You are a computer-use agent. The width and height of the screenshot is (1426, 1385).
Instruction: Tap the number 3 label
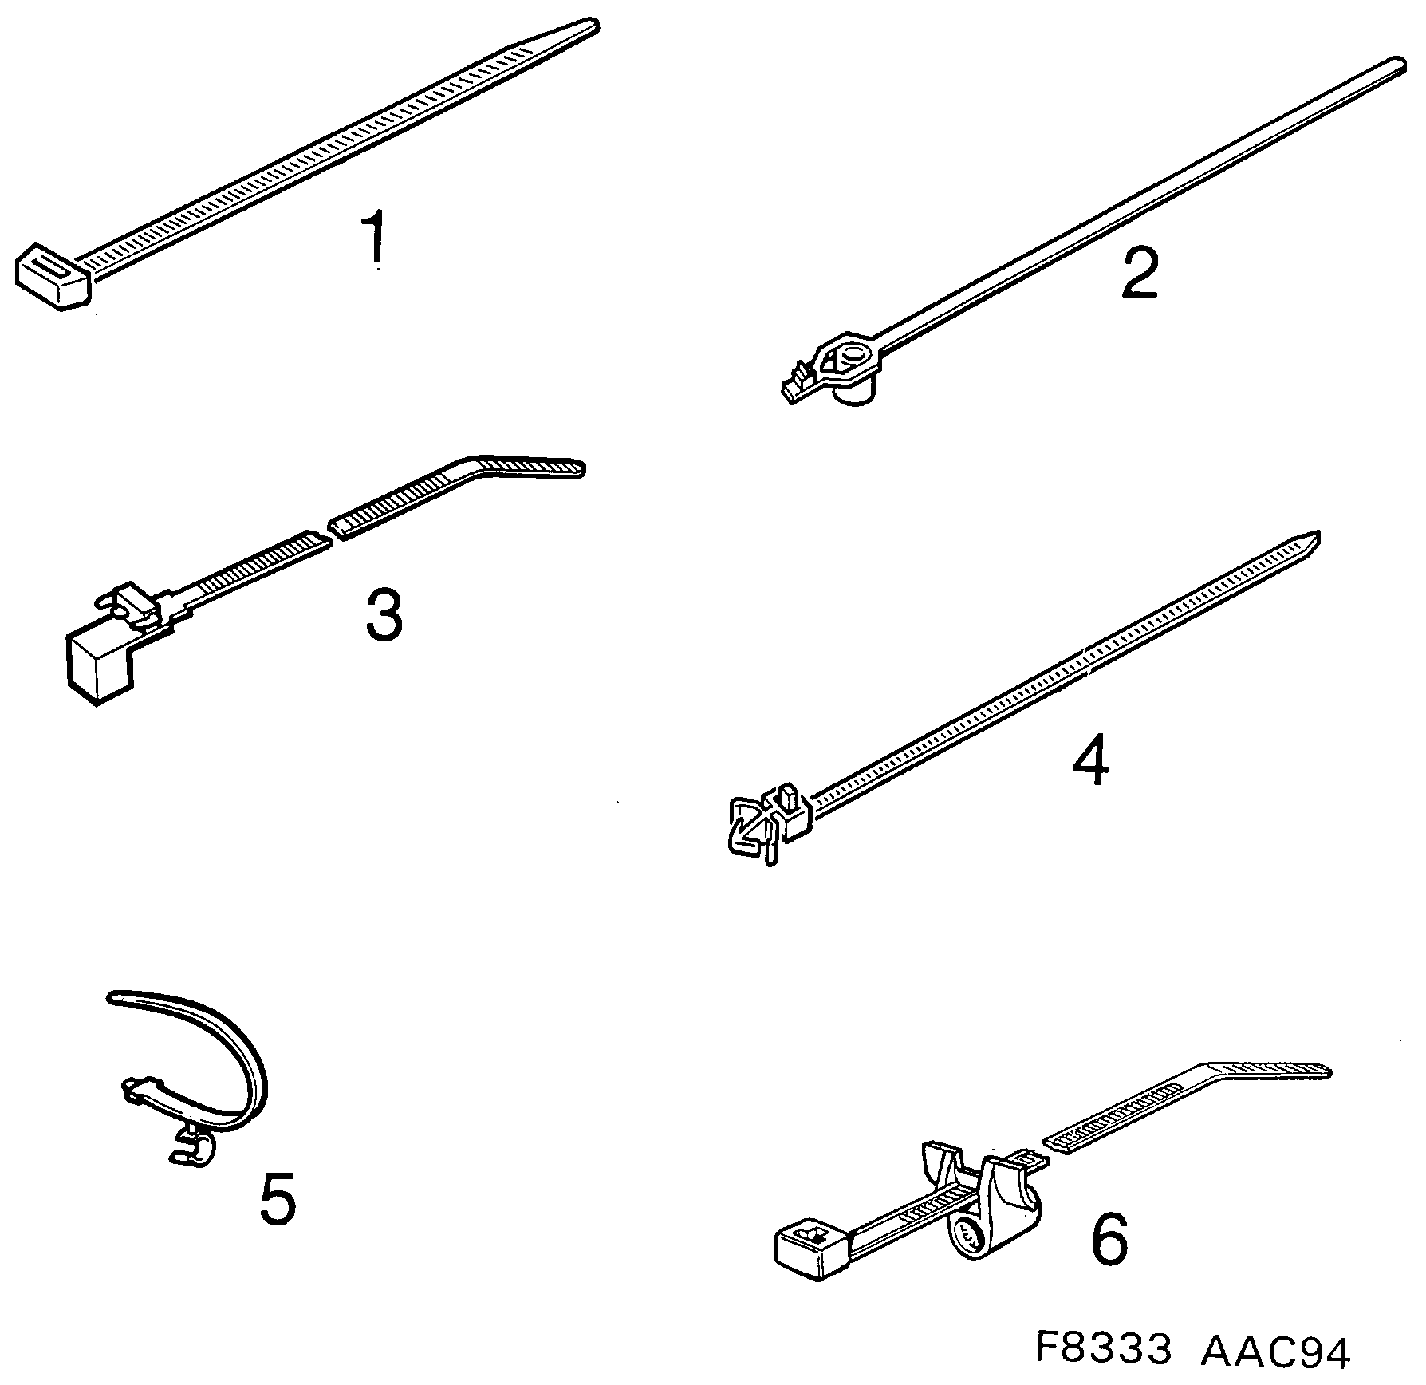pos(384,616)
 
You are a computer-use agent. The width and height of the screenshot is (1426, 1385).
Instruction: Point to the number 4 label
pos(1090,760)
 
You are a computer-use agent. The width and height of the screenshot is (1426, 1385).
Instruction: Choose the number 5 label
pos(277,1221)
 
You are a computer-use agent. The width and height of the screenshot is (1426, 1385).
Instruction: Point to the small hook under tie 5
pos(194,1149)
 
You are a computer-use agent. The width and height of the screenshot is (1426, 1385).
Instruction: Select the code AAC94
pos(1275,1351)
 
